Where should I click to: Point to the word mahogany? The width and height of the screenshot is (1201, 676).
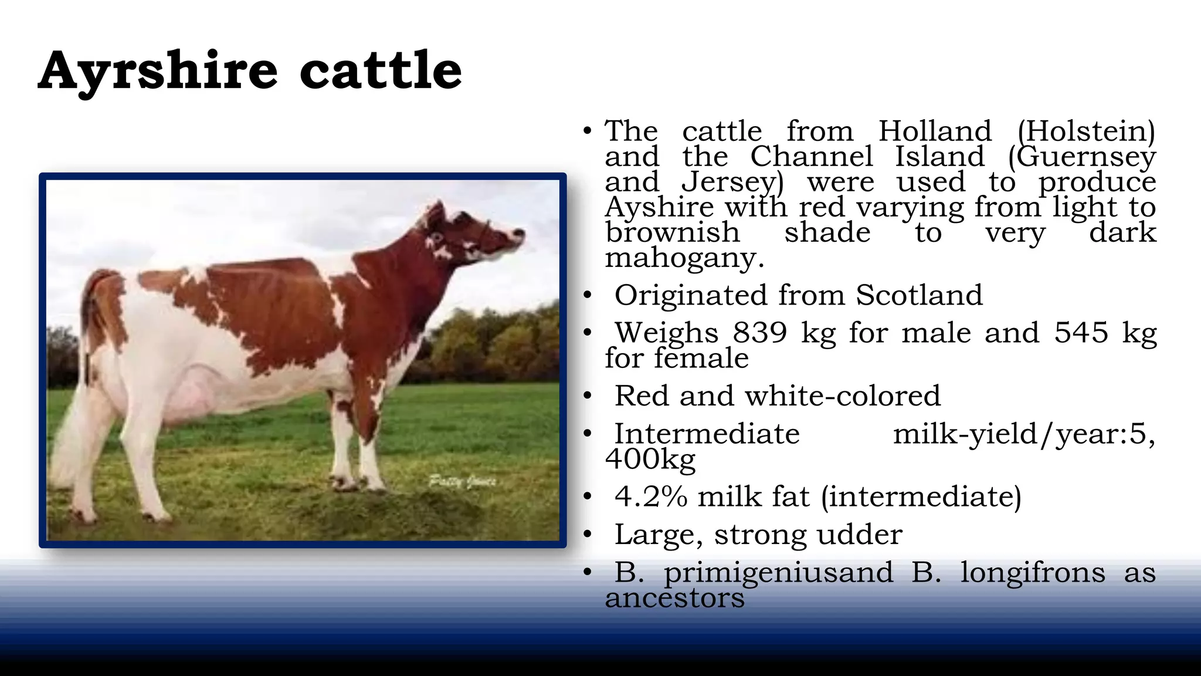coord(684,258)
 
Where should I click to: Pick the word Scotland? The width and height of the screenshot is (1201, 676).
coord(919,295)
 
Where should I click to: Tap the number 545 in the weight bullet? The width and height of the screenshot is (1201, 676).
coord(1081,333)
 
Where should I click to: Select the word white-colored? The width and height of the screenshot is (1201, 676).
coord(842,396)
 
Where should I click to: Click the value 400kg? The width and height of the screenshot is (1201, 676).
coord(650,459)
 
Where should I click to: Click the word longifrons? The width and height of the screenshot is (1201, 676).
coord(1033,572)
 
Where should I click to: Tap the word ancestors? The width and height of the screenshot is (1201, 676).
coord(674,598)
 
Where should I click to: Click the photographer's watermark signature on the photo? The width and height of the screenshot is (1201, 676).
coord(463,482)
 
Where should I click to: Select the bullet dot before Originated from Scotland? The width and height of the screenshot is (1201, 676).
coord(587,296)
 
